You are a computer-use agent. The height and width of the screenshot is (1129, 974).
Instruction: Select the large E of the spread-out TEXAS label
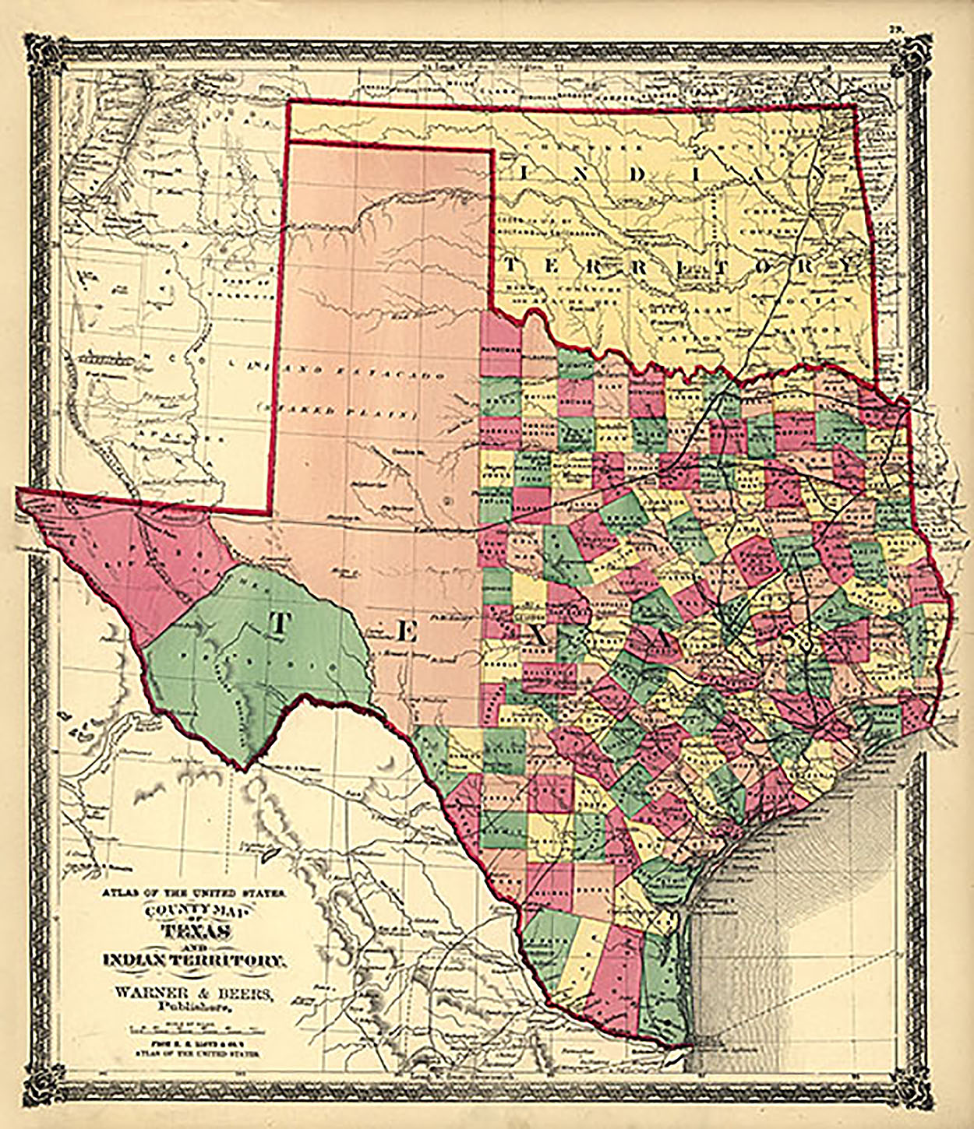(x=404, y=631)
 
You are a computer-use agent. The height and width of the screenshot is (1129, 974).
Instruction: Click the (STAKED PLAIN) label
(x=337, y=412)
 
